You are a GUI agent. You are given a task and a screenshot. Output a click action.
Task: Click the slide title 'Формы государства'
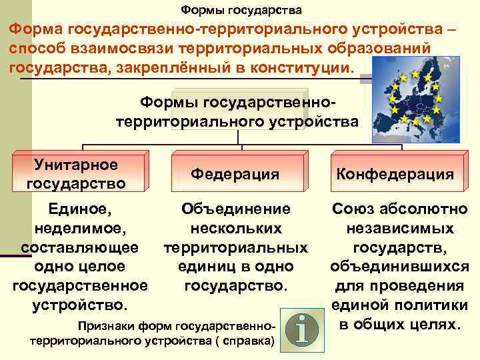tap(241, 11)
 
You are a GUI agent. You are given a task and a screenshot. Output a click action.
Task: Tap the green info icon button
tap(301, 327)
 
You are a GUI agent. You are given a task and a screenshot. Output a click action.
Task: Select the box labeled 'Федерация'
tap(235, 174)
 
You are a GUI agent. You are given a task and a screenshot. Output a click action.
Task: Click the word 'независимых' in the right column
tap(400, 229)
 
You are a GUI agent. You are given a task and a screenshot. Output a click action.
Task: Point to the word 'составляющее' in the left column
tap(80, 247)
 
